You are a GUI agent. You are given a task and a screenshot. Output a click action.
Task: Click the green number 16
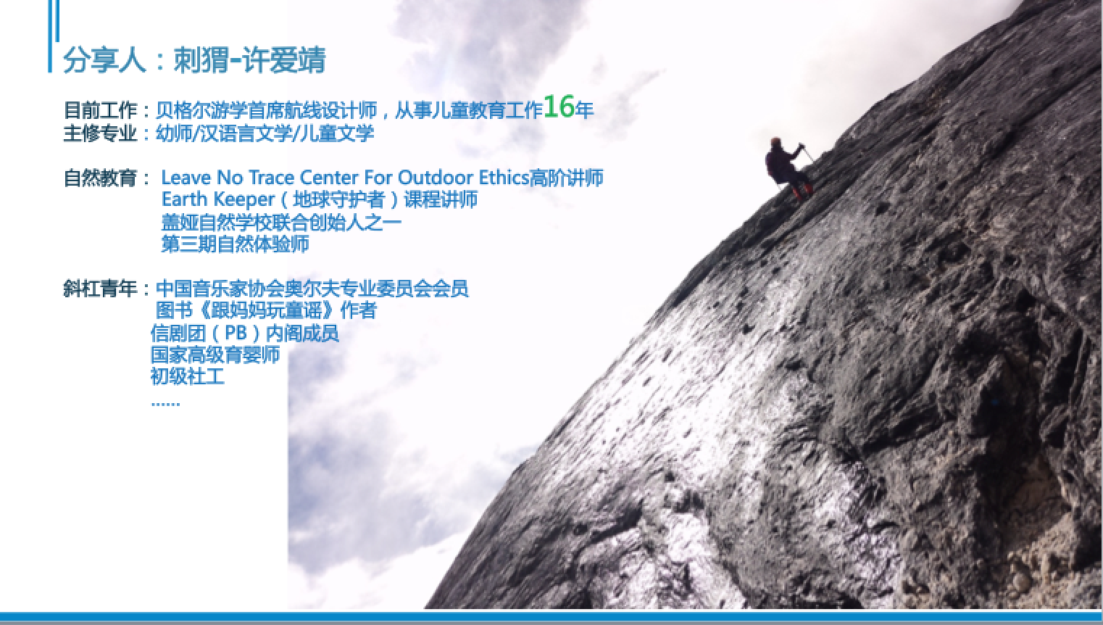[559, 107]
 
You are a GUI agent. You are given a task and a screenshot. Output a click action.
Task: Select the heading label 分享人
[104, 60]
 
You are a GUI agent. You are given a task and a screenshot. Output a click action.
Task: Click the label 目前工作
[101, 110]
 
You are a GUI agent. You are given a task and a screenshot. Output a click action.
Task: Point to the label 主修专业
[101, 133]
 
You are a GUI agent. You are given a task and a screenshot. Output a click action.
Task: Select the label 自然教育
[101, 178]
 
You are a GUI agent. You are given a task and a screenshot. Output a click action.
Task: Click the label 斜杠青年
[101, 289]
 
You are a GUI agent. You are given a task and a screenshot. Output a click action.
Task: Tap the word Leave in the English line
[186, 178]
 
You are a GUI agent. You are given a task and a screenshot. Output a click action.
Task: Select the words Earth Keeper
[217, 199]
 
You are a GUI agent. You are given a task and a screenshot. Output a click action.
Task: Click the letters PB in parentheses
[236, 334]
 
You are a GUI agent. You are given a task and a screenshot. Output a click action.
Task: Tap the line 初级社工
[188, 377]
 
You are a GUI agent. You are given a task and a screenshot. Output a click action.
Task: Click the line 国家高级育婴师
[215, 355]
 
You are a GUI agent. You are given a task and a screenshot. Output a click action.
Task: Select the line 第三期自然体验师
[236, 244]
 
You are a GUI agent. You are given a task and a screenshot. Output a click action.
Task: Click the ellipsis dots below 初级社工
[165, 404]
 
